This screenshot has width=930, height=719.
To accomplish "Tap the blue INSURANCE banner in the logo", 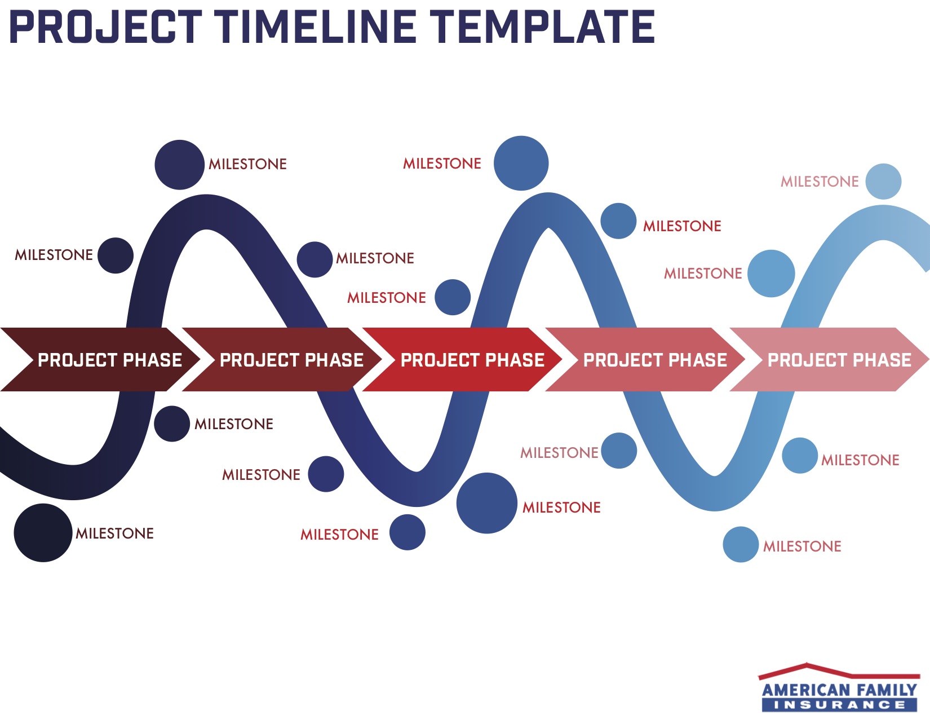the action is pos(839,705).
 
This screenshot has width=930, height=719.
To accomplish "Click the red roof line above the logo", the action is pos(839,672).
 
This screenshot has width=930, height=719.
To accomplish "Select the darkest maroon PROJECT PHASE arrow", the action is pos(100,360).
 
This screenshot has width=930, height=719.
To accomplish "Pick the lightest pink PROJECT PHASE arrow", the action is pos(830,360).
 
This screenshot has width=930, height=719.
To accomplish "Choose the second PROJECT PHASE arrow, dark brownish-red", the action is pos(282,360).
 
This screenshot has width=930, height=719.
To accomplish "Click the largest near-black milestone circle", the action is pos(43,533).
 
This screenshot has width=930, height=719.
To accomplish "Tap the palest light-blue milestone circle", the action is pos(883,181).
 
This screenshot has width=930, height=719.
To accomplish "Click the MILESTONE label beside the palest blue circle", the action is pos(820,182).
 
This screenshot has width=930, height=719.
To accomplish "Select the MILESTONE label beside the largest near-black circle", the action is pos(114,533).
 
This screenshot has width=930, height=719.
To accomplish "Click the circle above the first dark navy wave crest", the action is pos(180,165).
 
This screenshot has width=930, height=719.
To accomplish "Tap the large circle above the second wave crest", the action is pos(521,163).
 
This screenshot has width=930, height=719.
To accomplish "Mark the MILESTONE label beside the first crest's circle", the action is pos(248,164).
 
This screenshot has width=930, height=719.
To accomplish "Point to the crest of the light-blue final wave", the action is pos(883,223).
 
